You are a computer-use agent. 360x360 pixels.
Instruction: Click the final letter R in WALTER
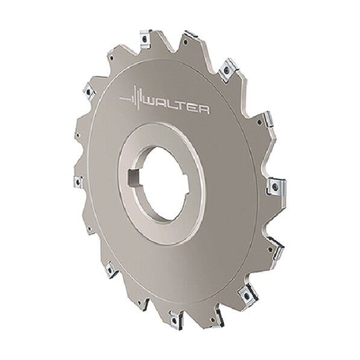tap(203, 110)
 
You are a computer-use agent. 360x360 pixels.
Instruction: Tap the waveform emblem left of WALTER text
tap(132, 99)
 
